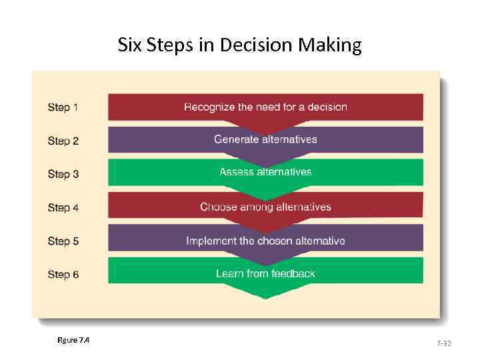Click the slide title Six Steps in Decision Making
pos(239,45)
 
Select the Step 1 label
pos(63,107)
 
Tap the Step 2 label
pos(63,141)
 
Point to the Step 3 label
pos(63,174)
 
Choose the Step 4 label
pos(63,207)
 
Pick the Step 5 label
pos(63,241)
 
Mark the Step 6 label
pos(63,274)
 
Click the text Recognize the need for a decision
pos(265,107)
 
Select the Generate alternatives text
pos(265,139)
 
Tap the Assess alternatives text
pos(265,172)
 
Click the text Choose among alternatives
pos(265,207)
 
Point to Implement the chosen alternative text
pos(265,241)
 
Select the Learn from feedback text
pos(265,273)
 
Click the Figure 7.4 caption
pos(73,341)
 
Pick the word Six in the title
pos(129,45)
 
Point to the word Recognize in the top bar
pos(209,107)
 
